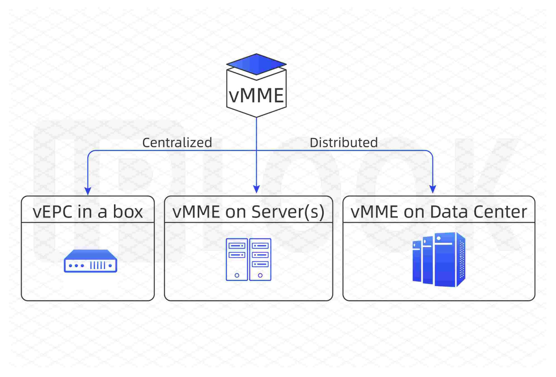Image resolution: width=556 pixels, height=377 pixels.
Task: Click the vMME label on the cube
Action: tap(256, 95)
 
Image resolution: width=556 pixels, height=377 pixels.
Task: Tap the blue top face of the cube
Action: tap(256, 64)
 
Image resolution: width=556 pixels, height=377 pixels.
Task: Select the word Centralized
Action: tap(177, 142)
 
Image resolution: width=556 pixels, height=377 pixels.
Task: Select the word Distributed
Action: tap(344, 142)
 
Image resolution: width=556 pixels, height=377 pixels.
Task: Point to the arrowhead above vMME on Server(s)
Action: tap(256, 189)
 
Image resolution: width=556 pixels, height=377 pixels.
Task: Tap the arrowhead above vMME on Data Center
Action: tap(433, 189)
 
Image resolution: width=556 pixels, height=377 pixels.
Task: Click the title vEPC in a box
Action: tap(88, 212)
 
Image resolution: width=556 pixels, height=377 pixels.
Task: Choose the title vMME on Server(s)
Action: tap(248, 212)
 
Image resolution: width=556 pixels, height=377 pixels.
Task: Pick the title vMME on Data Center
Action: tap(439, 212)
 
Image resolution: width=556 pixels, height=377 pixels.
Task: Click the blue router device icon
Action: tap(90, 261)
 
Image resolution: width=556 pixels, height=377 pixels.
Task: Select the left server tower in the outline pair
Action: tap(237, 259)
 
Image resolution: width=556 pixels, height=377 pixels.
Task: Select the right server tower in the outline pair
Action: tap(260, 259)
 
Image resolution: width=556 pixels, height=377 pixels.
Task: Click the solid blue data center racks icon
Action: tap(439, 259)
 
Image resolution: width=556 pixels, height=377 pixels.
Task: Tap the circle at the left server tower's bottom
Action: tap(237, 275)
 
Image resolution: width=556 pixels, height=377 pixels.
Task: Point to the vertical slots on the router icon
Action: tap(98, 265)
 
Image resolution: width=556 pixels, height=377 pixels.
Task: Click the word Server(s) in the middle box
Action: tap(288, 212)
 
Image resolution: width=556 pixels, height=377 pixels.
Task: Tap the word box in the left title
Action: tap(128, 212)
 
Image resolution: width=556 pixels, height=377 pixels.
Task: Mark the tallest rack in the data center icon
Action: tap(445, 259)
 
